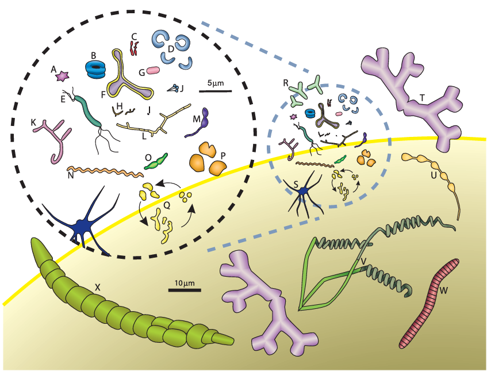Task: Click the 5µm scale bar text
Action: coord(215,83)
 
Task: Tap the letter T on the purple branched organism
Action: coord(422,98)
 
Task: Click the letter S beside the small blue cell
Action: coord(295,183)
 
